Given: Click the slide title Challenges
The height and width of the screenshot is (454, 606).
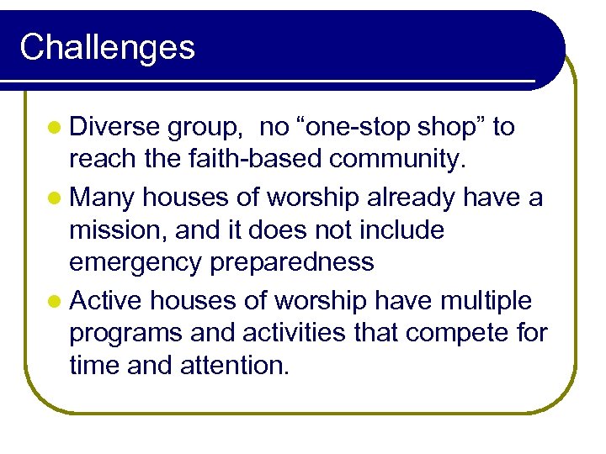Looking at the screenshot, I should coord(107,47).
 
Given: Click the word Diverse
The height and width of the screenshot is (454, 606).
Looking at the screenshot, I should coord(114,127).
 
